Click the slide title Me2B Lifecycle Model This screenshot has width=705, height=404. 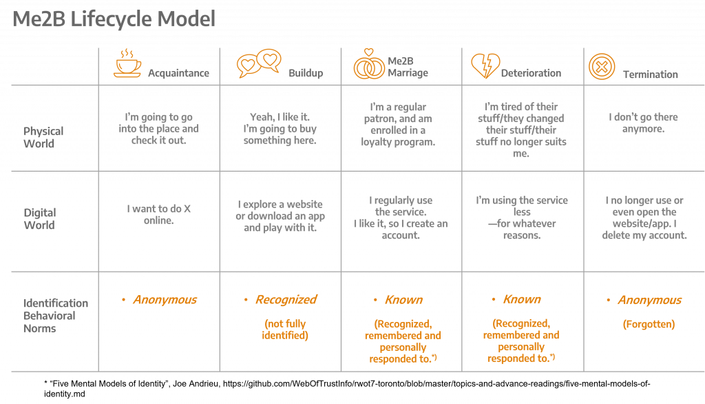114,19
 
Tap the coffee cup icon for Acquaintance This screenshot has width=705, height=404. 127,63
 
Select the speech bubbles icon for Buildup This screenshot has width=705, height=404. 259,64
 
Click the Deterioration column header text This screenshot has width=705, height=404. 531,73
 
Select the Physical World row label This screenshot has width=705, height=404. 43,137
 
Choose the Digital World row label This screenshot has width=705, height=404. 40,219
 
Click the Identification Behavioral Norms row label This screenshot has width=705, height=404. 56,316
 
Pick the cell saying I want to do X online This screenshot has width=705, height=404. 159,214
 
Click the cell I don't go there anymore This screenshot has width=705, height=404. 643,123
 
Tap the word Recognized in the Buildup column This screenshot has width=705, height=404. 286,299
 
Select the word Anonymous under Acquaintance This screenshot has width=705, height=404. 165,299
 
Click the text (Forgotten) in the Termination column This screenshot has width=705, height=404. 649,324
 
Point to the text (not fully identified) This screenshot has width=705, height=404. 285,330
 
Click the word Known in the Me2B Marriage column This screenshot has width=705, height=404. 403,299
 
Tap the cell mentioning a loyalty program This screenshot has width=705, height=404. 399,125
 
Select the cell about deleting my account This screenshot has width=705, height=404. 644,218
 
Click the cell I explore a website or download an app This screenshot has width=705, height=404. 280,216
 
